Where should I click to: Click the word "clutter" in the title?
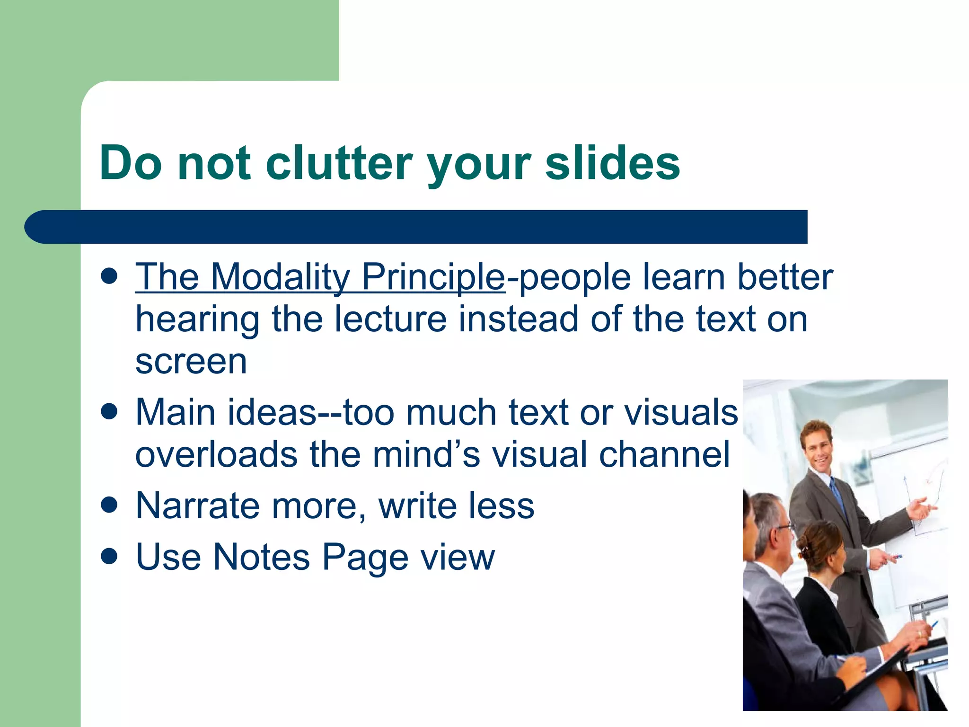[339, 163]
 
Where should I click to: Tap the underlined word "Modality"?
[280, 277]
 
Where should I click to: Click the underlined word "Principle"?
[433, 277]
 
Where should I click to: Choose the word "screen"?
[191, 362]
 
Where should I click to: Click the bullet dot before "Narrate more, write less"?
[109, 505]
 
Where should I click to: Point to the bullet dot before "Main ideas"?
[109, 411]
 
